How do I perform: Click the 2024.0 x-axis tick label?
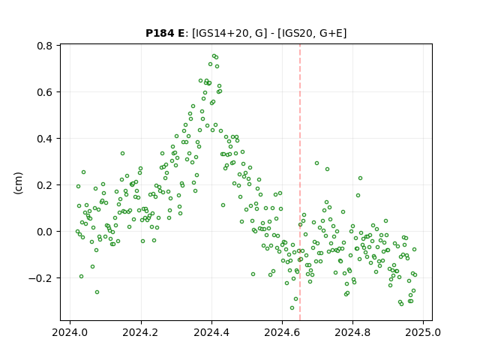coord(70,332)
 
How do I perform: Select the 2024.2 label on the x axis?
coord(140,332)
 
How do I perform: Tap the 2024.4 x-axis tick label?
coord(211,332)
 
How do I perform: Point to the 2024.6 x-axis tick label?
coord(282,332)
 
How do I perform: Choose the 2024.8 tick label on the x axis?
coord(352,332)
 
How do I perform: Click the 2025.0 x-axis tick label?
coord(423,332)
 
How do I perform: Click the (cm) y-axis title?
coord(18,183)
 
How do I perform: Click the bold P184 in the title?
coord(160,33)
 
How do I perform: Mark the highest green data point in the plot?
coord(214,56)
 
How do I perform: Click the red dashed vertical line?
coord(300,182)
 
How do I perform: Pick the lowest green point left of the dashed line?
coord(292,307)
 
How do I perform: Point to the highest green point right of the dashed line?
coord(316,163)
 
